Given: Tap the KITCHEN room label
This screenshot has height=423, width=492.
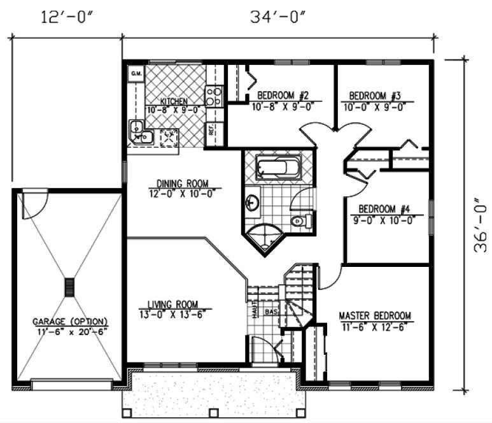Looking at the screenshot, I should (173, 101).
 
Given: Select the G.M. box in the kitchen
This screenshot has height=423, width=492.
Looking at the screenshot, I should (136, 74).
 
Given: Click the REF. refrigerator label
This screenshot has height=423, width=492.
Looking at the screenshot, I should (211, 130).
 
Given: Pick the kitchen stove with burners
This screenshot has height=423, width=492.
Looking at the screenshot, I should (213, 96).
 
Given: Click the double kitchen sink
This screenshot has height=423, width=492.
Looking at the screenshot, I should (139, 131).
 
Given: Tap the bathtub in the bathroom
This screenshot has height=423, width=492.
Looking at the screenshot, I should (278, 169).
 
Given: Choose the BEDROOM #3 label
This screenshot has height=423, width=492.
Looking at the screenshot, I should (374, 96).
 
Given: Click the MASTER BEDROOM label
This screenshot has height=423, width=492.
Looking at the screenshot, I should (374, 316).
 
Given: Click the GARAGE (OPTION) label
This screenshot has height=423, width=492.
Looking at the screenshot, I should (70, 321).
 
